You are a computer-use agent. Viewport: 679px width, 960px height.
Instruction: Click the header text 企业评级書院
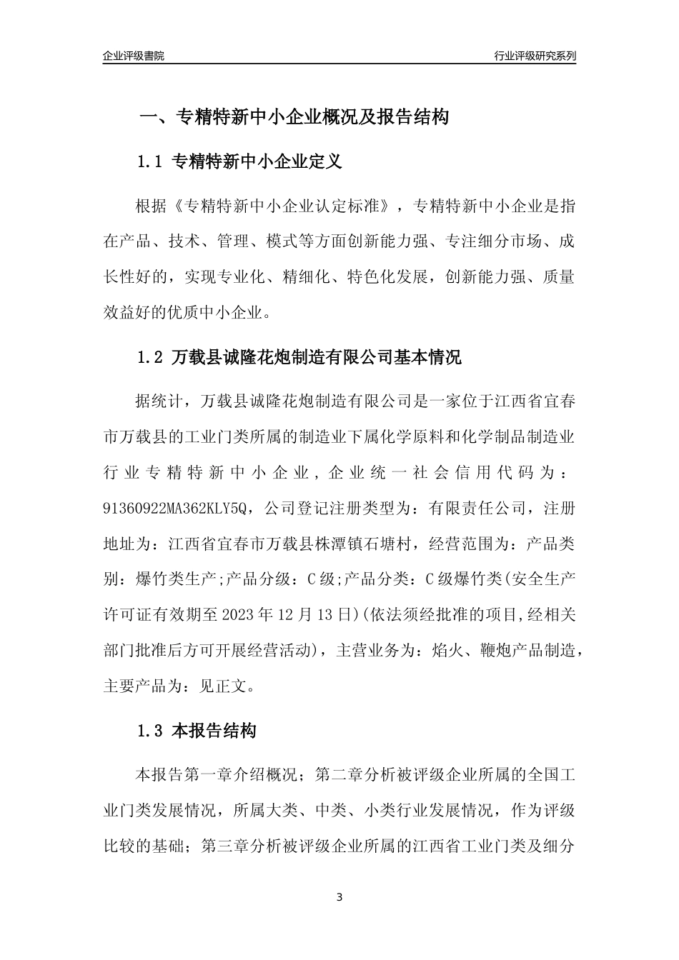tap(134, 56)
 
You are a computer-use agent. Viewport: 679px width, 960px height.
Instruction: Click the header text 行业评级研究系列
tap(535, 56)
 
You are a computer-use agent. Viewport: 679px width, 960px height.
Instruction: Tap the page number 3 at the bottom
tap(339, 897)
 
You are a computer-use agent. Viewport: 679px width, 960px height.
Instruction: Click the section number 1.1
tap(150, 162)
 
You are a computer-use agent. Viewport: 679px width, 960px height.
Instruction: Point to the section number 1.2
tap(150, 357)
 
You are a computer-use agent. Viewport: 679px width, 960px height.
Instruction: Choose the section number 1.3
tap(150, 731)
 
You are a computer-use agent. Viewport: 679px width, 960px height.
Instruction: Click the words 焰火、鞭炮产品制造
tap(499, 651)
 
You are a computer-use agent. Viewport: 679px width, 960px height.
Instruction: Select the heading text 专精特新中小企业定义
tap(257, 162)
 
